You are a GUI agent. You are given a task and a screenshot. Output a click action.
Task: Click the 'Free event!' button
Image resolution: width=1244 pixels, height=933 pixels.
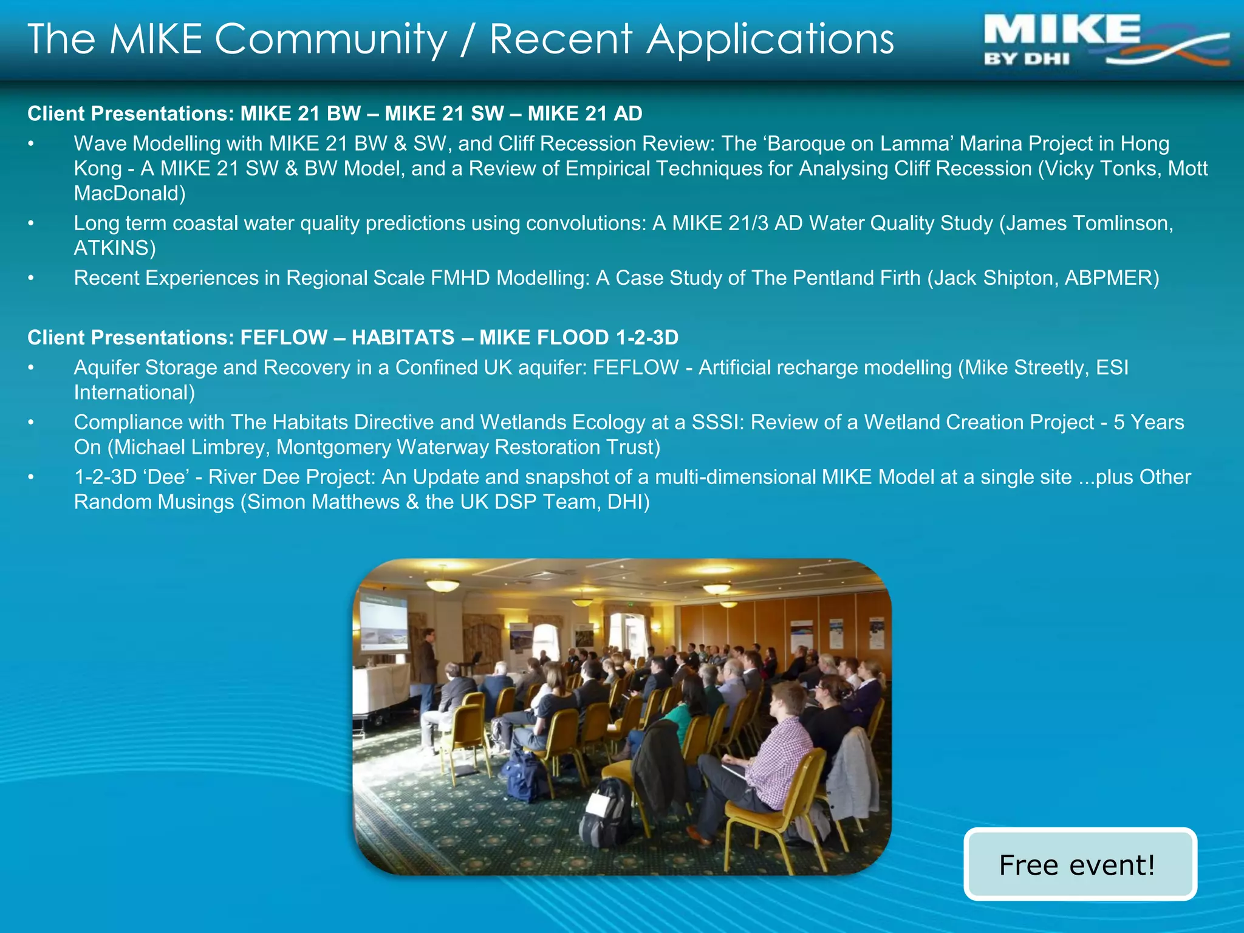pos(1079,864)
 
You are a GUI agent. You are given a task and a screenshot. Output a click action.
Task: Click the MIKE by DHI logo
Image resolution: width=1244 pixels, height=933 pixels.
pos(1106,40)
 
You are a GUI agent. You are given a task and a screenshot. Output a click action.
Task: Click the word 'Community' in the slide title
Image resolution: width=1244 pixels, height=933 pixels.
pos(331,39)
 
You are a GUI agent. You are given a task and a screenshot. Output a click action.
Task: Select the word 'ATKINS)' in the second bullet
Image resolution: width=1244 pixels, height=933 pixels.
pos(115,248)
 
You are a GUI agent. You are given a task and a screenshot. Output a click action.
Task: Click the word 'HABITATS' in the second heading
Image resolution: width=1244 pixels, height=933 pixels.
pos(403,337)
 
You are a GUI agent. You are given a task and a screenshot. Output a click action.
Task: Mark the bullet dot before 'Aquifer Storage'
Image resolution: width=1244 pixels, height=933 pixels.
pos(31,367)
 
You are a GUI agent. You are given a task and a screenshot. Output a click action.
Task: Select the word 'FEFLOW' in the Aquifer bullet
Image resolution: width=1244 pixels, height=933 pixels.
pos(635,367)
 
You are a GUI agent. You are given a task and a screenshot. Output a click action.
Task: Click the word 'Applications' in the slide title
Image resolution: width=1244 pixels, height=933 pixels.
pos(770,39)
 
